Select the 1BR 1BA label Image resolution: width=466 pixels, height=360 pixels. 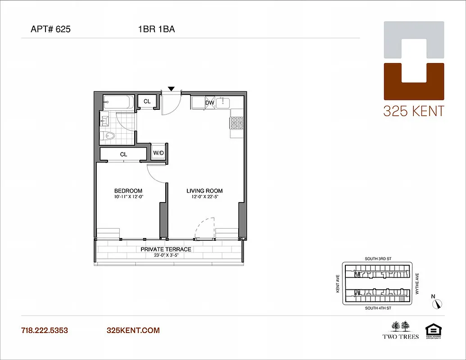coord(156,30)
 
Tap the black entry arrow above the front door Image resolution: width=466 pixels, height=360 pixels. coord(171,89)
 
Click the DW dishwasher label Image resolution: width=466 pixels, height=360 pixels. coord(209,103)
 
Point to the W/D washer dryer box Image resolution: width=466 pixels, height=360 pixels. coord(158,153)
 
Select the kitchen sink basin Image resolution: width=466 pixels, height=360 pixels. coord(223,103)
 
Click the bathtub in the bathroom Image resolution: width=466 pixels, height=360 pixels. coord(118,102)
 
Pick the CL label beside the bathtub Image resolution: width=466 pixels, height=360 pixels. coord(147,102)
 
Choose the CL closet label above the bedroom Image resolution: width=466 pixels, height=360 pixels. coord(123,154)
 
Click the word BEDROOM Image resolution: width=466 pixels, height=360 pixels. coord(128,191)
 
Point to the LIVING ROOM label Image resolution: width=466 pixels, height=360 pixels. coord(204,191)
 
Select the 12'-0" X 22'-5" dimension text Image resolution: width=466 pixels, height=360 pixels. coord(204,197)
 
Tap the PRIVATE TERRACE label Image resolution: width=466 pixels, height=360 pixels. coord(166,249)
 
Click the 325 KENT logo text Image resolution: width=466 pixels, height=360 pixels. coord(413,111)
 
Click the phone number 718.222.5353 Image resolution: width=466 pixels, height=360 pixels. coord(45,330)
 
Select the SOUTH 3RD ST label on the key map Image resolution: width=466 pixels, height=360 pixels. coord(377,259)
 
